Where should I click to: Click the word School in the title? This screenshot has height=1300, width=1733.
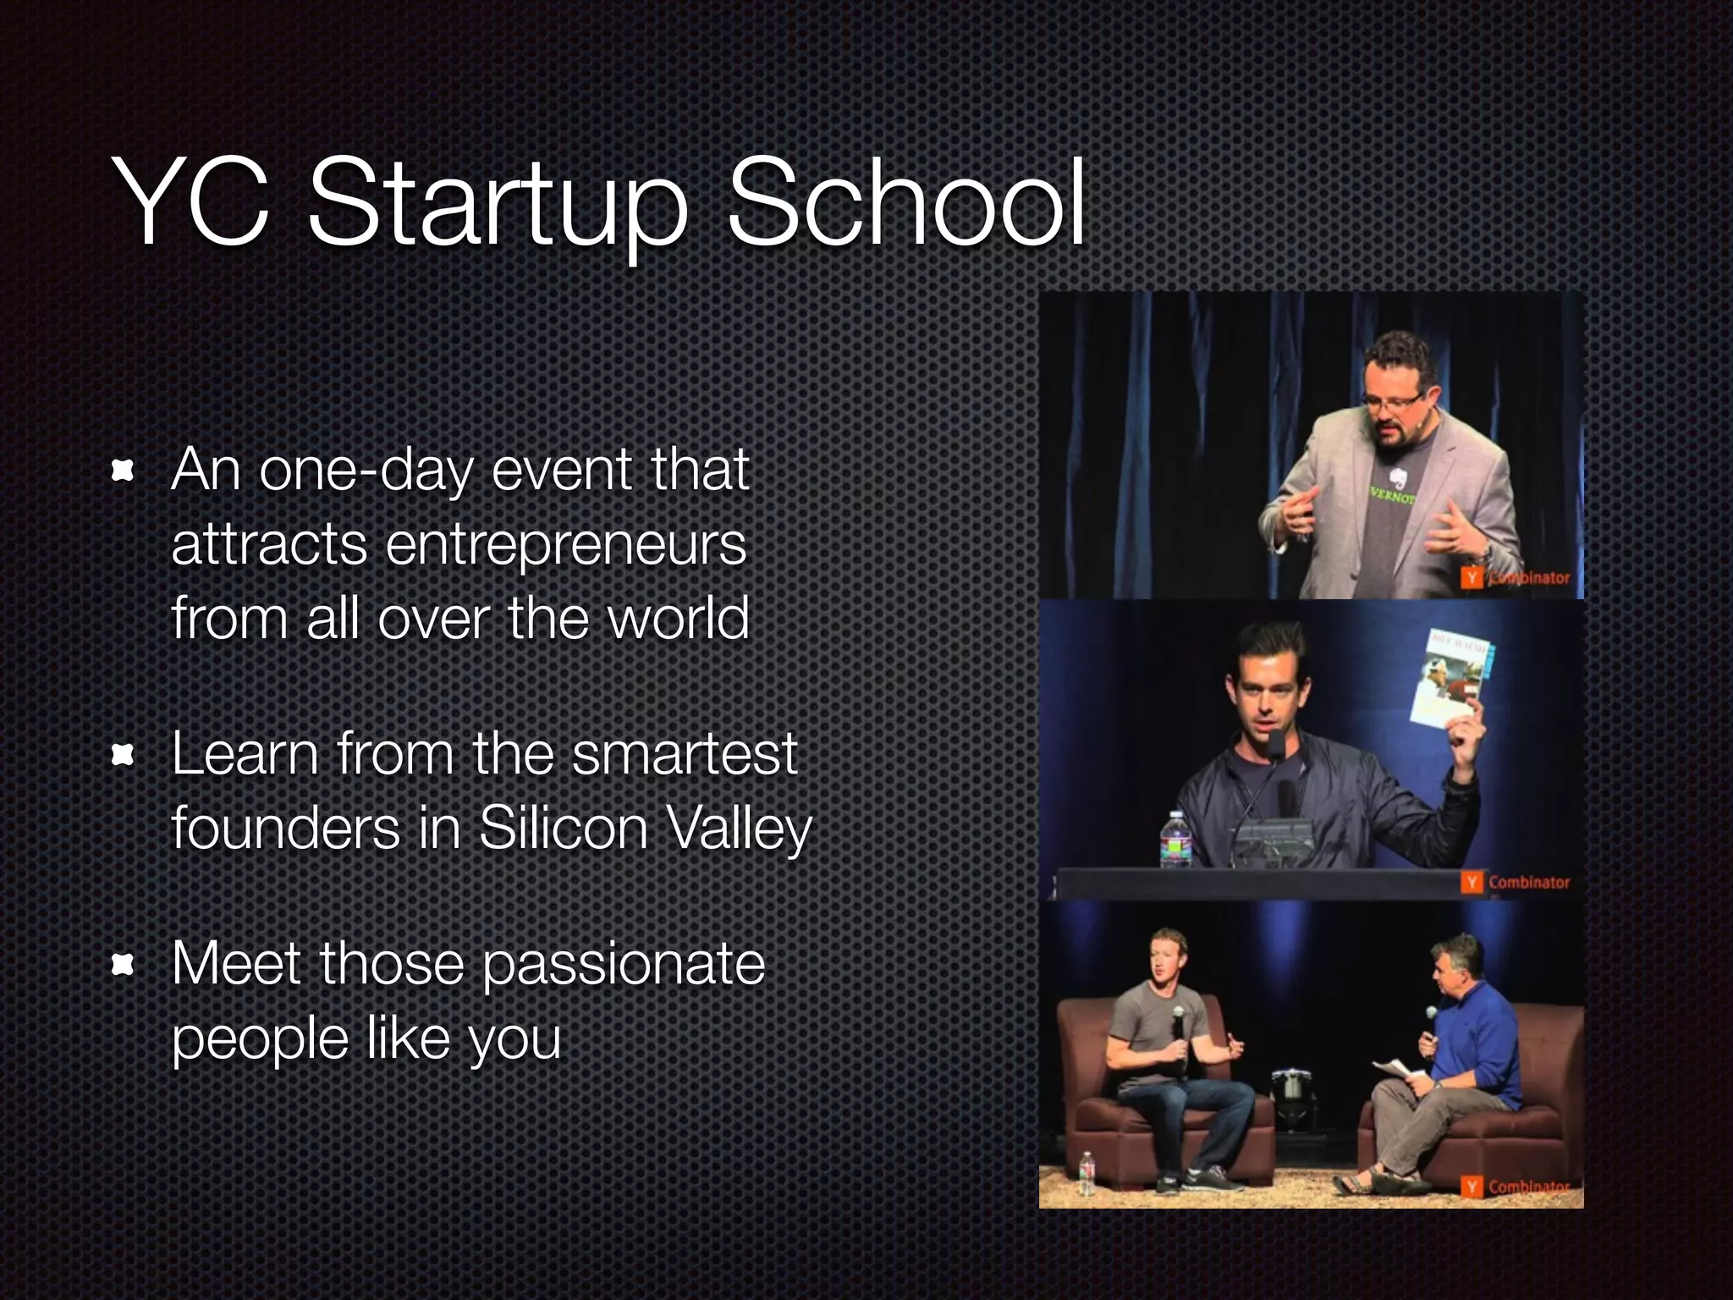tap(905, 203)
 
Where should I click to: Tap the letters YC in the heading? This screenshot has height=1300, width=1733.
tap(191, 203)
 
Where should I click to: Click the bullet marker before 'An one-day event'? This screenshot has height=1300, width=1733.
tap(124, 471)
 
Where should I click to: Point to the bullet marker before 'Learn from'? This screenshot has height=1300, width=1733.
tap(124, 755)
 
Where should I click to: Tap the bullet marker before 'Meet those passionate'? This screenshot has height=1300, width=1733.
tap(124, 965)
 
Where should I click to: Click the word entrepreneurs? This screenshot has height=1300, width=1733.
tap(566, 546)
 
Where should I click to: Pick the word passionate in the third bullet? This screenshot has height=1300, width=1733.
tap(624, 967)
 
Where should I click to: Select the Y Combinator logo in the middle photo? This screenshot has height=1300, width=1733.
tap(1515, 882)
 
